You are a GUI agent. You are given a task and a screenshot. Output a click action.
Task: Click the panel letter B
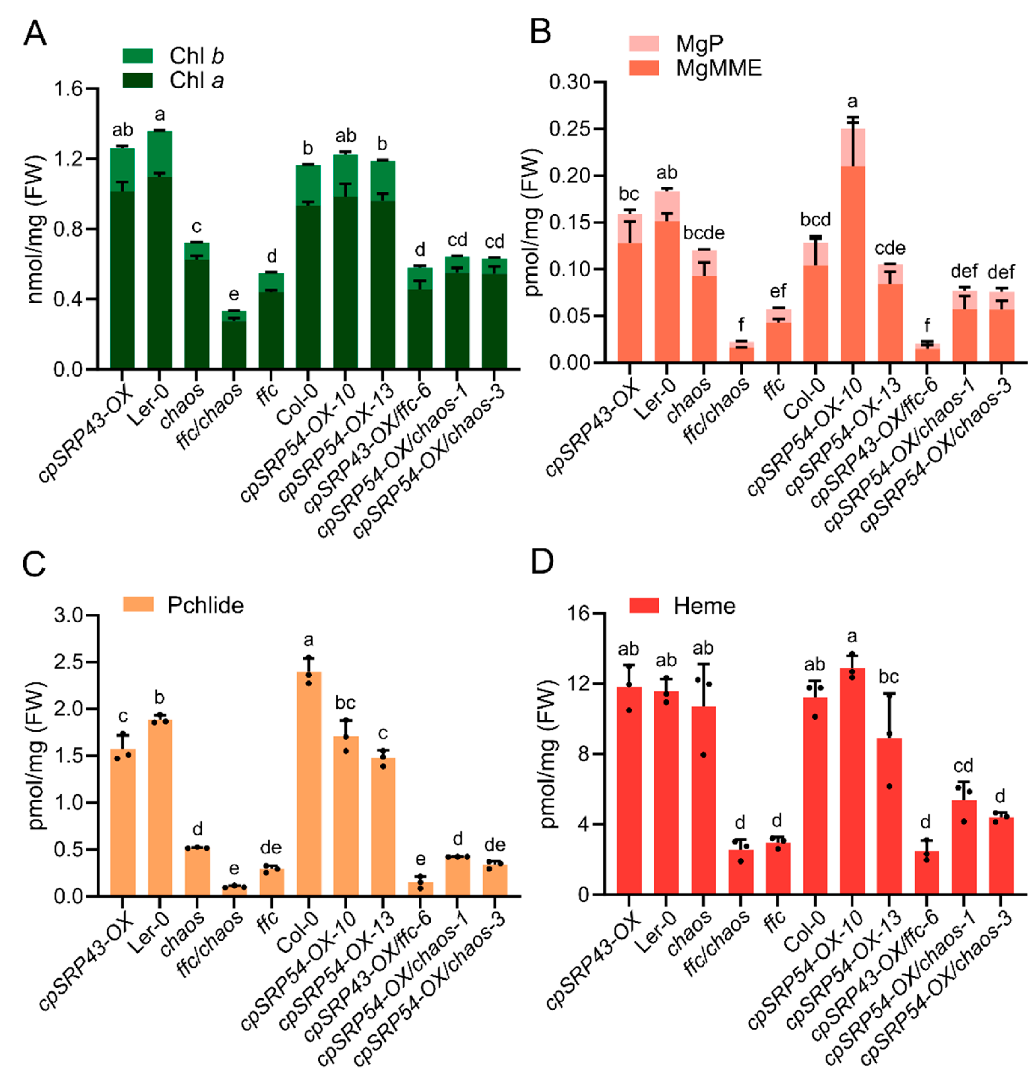click(x=540, y=32)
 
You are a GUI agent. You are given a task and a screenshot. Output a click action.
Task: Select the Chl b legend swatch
click(x=137, y=55)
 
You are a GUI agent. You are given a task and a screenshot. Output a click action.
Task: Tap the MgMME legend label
click(x=718, y=68)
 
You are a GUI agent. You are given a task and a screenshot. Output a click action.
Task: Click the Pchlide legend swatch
click(x=138, y=605)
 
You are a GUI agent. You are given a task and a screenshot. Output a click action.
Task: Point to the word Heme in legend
click(x=704, y=606)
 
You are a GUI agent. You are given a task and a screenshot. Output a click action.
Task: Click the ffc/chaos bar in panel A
click(x=234, y=341)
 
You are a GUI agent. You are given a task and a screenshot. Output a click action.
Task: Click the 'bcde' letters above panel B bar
click(x=704, y=233)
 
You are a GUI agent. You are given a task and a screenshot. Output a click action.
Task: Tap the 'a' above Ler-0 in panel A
click(x=160, y=115)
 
